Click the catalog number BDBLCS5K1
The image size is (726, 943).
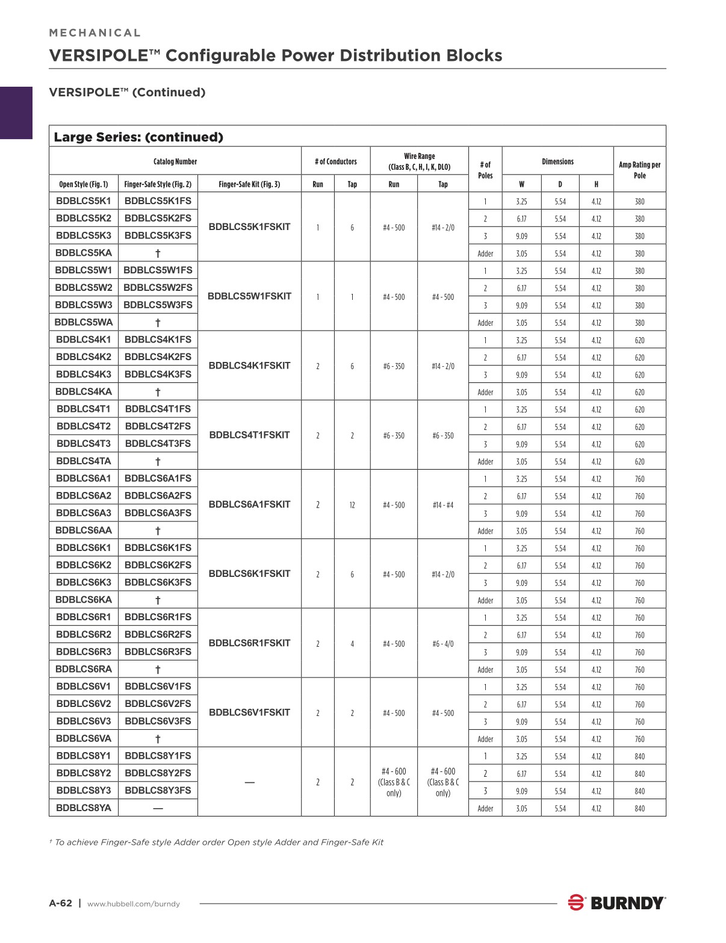(x=84, y=201)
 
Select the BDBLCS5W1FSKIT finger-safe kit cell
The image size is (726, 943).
(x=249, y=296)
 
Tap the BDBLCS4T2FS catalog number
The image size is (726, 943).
(x=158, y=426)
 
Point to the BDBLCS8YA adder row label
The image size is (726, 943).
(x=84, y=808)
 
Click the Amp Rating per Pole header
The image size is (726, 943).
(x=639, y=170)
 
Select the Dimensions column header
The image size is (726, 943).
(x=557, y=161)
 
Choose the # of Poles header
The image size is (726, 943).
(x=485, y=170)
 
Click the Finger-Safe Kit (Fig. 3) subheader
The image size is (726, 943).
(x=249, y=184)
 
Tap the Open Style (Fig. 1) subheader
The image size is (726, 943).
(x=84, y=184)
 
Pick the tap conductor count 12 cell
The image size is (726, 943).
(x=352, y=505)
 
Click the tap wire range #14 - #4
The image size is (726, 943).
(x=443, y=505)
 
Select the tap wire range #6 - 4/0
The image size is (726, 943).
(x=443, y=644)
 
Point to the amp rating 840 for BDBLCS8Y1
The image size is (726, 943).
(x=639, y=757)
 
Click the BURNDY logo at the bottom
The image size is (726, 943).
(x=617, y=903)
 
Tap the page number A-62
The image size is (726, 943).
(x=60, y=903)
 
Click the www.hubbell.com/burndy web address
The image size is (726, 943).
(x=134, y=904)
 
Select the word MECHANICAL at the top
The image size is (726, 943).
(x=95, y=33)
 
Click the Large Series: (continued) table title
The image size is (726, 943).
(x=138, y=137)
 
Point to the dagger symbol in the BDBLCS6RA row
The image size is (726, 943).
(x=158, y=670)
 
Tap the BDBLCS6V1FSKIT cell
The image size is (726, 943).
(x=249, y=713)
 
